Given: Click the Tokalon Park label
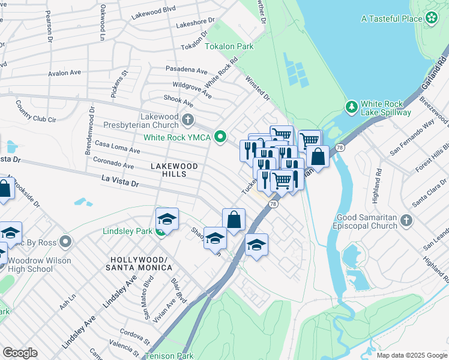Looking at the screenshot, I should coord(229,46).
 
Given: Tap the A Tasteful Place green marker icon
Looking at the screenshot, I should coord(431,19).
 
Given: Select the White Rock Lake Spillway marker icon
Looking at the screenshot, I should coord(352,107).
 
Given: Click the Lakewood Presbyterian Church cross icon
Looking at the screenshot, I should coord(188,120).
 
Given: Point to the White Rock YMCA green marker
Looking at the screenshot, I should coord(220,137).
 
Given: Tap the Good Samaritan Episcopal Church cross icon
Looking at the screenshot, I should coord(406,220).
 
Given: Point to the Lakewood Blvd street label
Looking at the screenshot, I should coord(155,10).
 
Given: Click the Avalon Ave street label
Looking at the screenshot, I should coord(65,73).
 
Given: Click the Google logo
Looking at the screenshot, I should coord(20,353).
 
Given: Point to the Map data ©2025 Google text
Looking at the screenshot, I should coord(411,355).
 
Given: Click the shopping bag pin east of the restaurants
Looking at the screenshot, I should coord(318,157).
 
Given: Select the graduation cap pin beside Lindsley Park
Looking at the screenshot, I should coord(167,218).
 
